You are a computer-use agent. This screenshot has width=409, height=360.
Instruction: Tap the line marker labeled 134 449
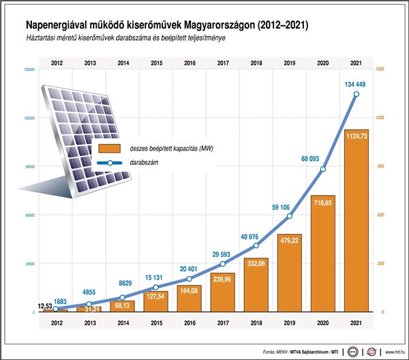pos(357,94)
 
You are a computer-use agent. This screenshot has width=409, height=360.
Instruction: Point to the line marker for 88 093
pos(323,169)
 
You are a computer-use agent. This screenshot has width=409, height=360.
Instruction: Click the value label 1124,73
pos(356,136)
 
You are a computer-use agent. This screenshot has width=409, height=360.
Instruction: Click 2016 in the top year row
pos(190,64)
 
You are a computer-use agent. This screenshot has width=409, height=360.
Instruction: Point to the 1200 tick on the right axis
pos(380,118)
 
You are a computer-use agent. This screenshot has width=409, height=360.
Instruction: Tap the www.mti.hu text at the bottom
pos(394,351)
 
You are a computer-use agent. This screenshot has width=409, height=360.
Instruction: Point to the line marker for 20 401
pos(190,279)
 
